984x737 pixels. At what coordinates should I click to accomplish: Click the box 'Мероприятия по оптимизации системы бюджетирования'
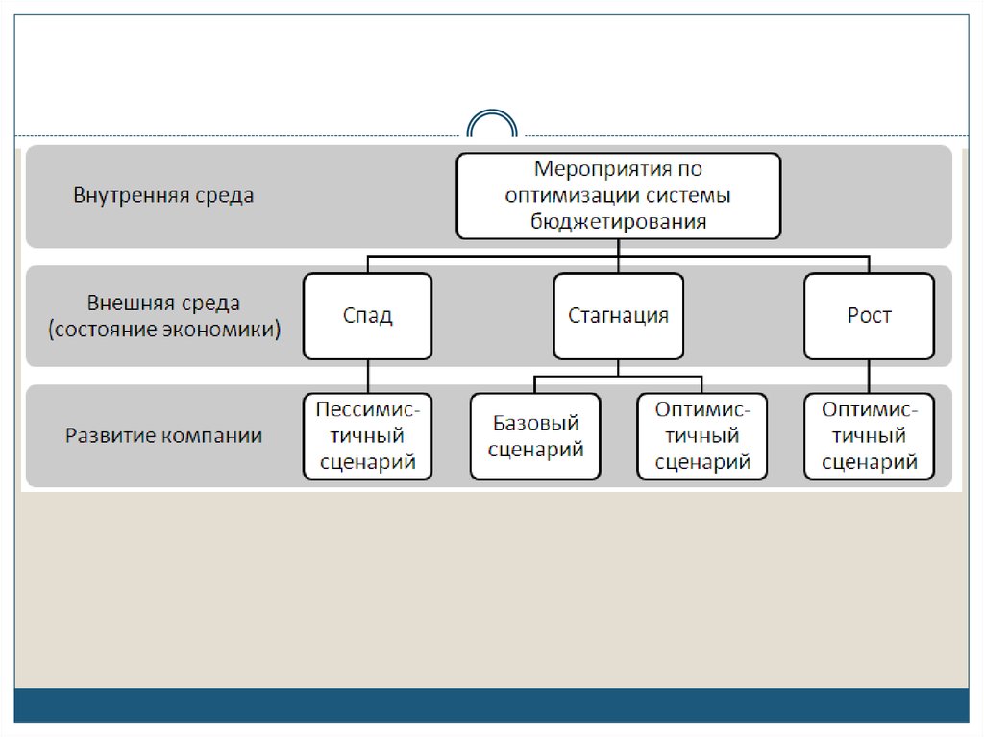(618, 196)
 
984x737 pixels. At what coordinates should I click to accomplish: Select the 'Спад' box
(368, 316)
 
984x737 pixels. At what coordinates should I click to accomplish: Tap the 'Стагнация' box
(618, 316)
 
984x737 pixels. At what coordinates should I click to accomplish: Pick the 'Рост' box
(869, 316)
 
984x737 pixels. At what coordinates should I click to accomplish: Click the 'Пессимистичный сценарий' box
(368, 436)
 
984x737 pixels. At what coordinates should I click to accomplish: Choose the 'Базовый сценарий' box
(535, 436)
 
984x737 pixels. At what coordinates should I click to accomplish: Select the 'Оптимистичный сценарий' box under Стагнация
(702, 436)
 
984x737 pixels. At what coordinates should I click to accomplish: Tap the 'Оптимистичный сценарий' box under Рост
(869, 436)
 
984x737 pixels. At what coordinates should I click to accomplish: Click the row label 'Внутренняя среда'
(164, 196)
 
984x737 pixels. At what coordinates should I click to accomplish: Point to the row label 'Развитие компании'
(163, 435)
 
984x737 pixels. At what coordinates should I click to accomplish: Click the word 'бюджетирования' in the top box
(618, 221)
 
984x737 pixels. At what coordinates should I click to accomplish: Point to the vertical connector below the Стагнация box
(618, 368)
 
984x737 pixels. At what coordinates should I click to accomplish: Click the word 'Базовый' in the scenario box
(535, 423)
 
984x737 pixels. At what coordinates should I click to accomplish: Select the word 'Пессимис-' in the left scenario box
(368, 409)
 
